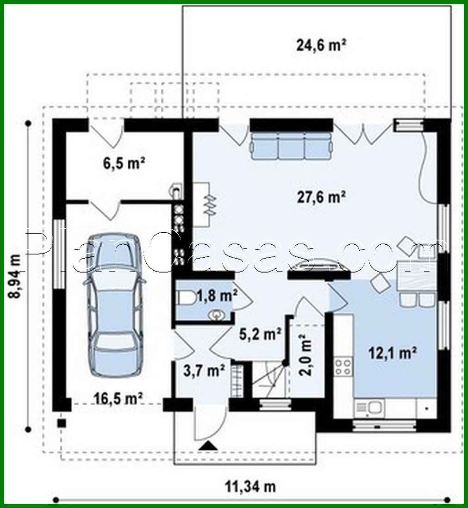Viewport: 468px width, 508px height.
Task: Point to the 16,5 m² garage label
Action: pos(119,398)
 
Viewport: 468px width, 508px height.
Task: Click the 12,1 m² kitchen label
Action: pos(391,353)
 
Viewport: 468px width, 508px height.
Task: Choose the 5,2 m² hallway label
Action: pos(261,334)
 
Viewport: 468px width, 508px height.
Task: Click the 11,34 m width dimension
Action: pos(250,487)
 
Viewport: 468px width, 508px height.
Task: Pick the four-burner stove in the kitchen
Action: pos(343,367)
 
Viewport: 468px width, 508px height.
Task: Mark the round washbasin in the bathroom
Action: pos(217,315)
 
